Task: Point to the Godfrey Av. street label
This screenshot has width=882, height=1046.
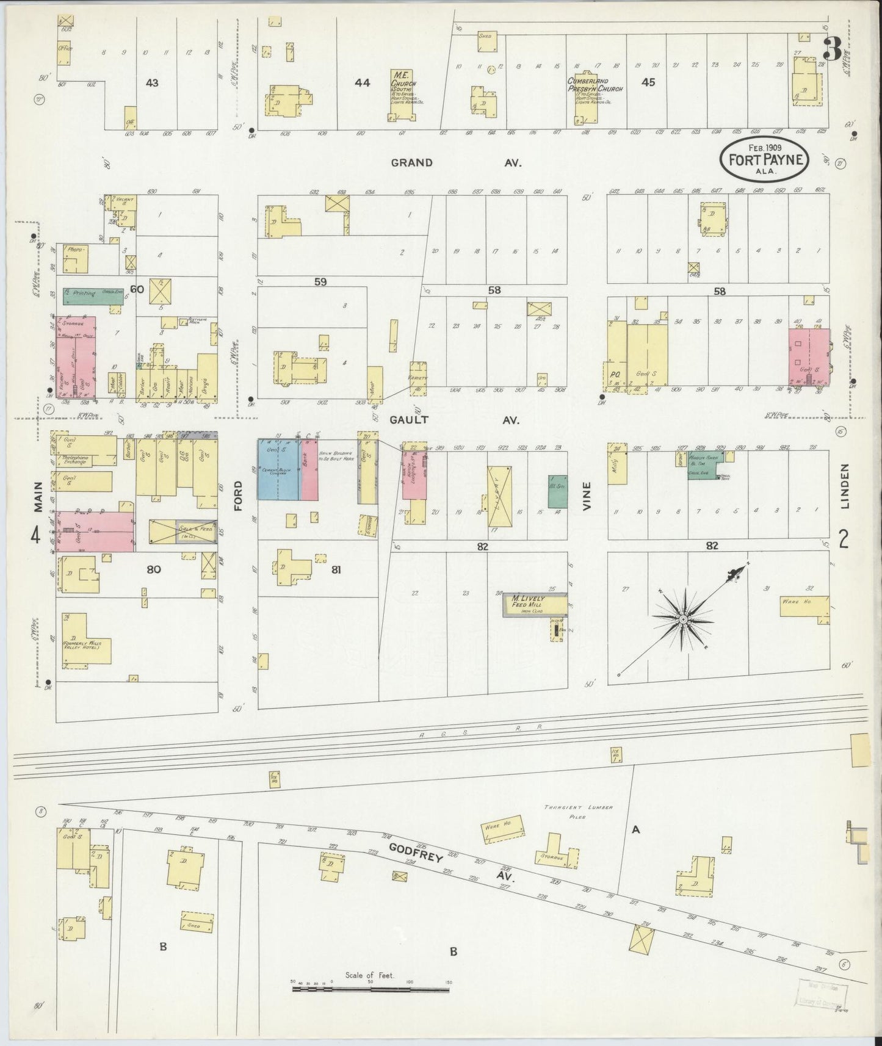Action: tap(452, 865)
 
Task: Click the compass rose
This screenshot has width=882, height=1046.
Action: tap(682, 619)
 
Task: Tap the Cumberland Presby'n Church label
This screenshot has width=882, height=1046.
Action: tap(595, 84)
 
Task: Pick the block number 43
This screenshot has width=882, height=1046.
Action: tap(152, 82)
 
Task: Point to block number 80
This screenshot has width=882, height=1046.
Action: tap(154, 569)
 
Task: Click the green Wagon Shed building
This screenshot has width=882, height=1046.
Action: tap(704, 467)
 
